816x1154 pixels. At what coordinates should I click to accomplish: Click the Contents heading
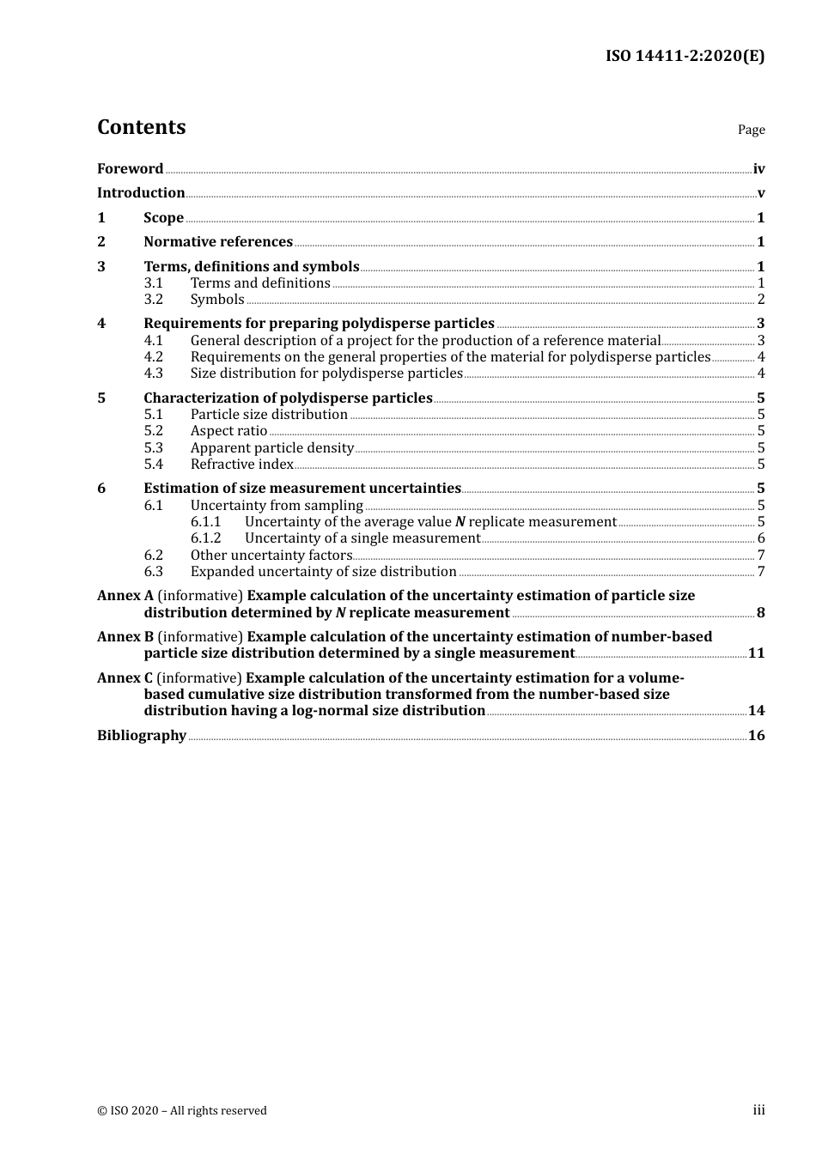141,127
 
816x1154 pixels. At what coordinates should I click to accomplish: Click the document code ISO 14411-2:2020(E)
685,57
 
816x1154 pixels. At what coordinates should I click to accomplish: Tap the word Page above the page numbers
751,130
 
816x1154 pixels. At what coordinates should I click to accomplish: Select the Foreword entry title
130,169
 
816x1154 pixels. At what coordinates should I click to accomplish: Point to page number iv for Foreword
758,169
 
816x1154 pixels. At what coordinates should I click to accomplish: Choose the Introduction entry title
141,193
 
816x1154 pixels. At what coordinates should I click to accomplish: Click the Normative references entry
218,242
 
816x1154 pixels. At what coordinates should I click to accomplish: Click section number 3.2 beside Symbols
154,300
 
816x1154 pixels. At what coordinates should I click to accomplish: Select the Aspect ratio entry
228,431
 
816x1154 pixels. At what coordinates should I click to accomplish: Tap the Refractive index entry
242,465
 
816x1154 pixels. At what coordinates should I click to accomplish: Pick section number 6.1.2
205,538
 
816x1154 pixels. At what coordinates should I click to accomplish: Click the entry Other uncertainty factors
271,556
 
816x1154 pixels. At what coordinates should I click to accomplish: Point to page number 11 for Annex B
756,653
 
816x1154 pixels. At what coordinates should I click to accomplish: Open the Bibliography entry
142,736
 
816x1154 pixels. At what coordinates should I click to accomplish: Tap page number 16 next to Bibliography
756,736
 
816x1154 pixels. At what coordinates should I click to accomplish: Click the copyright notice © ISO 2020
181,1110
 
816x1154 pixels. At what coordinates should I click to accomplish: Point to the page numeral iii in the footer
758,1110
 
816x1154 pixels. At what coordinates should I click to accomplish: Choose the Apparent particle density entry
272,448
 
